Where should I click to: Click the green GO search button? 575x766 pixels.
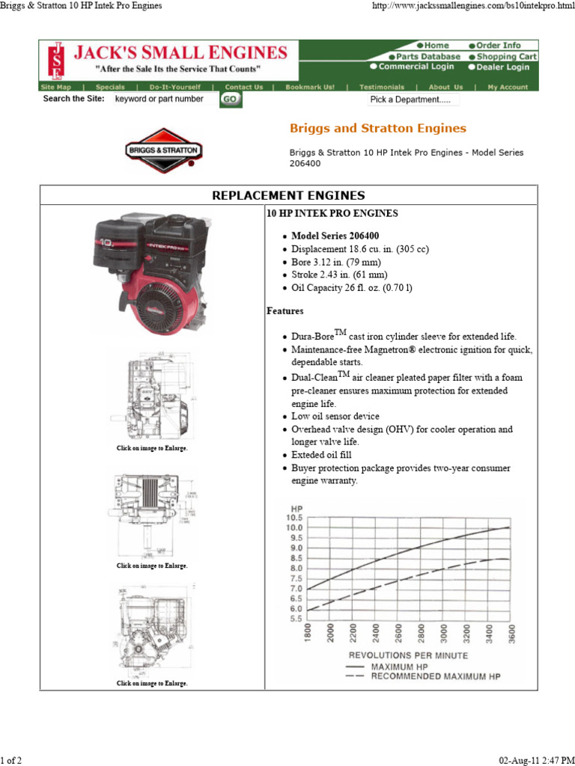[x=231, y=99]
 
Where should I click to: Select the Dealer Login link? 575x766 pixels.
[x=499, y=67]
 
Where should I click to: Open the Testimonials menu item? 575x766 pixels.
[x=381, y=87]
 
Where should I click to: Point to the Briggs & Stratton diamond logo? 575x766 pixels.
[x=162, y=150]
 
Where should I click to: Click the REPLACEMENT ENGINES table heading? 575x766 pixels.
[x=288, y=196]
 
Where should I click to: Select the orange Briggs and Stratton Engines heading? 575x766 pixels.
[x=377, y=129]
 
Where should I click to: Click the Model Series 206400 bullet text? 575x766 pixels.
[x=335, y=236]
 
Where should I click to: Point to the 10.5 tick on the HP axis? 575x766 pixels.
[x=293, y=518]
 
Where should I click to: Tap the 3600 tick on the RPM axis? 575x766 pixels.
[x=511, y=635]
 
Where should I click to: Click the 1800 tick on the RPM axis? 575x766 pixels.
[x=308, y=635]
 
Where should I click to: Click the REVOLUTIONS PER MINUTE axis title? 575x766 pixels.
[x=408, y=655]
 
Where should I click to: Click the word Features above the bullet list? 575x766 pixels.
[x=285, y=310]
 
